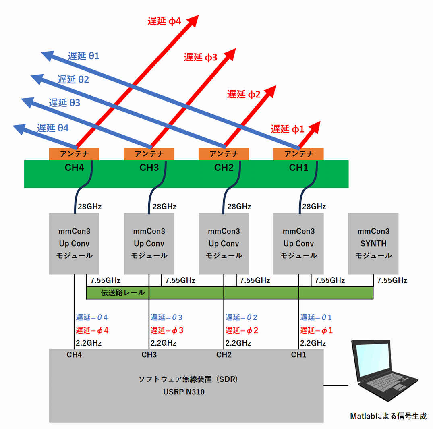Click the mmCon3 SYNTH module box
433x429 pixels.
373,244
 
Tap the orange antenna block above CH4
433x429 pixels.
74,153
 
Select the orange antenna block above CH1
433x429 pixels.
298,153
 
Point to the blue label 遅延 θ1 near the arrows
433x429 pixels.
83,56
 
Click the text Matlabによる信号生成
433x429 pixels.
388,416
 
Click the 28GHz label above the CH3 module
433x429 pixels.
164,207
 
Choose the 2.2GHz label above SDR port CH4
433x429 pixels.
89,343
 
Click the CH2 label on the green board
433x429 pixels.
224,168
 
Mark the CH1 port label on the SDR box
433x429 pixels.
298,355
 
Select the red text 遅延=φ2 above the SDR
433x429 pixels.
242,331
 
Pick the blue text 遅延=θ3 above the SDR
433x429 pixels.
166,317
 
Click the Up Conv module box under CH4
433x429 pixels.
74,244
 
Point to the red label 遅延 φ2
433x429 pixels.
244,95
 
